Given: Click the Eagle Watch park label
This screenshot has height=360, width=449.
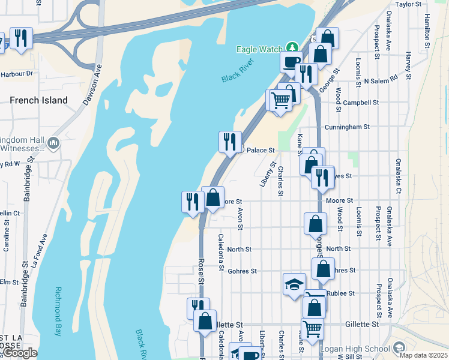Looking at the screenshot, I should pyautogui.click(x=259, y=49).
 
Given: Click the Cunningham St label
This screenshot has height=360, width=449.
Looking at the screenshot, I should pyautogui.click(x=346, y=127).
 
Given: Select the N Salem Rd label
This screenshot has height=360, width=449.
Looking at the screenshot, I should pyautogui.click(x=381, y=80).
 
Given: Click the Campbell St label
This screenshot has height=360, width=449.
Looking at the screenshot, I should pyautogui.click(x=360, y=103).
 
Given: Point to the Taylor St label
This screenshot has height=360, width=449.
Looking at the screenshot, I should pyautogui.click(x=409, y=4).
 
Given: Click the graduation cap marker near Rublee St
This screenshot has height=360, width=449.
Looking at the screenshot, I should pyautogui.click(x=294, y=284).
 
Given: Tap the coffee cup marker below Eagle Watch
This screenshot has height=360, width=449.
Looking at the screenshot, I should pyautogui.click(x=291, y=61).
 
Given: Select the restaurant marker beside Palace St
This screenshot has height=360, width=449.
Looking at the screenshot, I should pyautogui.click(x=230, y=142).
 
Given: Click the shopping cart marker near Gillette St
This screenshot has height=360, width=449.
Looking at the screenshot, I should pyautogui.click(x=312, y=329).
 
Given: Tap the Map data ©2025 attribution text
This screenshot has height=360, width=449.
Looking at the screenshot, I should pyautogui.click(x=425, y=355).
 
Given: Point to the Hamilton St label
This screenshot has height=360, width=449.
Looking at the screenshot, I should pyautogui.click(x=427, y=30).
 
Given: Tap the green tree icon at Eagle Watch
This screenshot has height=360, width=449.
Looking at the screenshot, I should pyautogui.click(x=292, y=47).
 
